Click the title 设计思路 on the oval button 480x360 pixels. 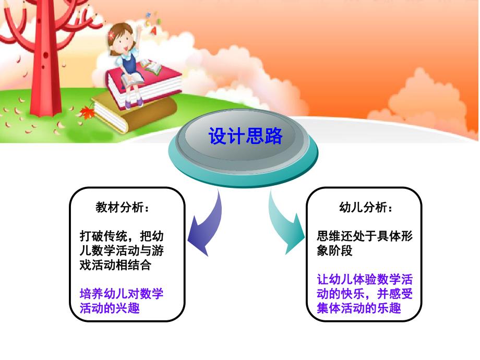pos(245,137)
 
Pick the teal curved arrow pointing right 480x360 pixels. pos(286,224)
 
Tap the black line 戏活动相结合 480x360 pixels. pos(115,265)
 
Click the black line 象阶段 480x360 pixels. pos(335,251)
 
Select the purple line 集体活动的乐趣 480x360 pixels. pos(359,308)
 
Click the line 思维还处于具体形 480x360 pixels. pos(365,236)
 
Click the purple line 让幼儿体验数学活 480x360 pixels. pos(365,280)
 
